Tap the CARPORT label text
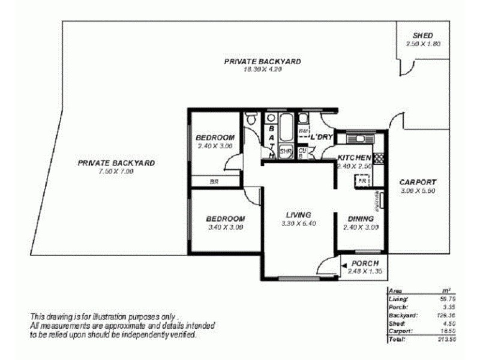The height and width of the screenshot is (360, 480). (x=418, y=182)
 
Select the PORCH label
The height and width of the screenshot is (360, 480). (x=365, y=264)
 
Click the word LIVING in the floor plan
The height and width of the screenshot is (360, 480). (x=298, y=215)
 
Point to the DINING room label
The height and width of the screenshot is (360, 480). (x=361, y=219)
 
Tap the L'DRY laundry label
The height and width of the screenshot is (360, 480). (x=321, y=137)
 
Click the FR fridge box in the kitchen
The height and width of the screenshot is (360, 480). (x=362, y=179)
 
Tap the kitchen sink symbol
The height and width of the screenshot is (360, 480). (x=361, y=139)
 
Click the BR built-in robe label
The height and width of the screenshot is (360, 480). (x=214, y=181)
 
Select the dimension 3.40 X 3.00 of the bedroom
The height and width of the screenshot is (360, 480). (x=226, y=227)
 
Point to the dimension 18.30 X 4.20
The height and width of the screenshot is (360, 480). (x=262, y=70)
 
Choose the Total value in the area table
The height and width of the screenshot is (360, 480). (x=442, y=340)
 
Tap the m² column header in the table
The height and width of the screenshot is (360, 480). (x=445, y=290)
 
